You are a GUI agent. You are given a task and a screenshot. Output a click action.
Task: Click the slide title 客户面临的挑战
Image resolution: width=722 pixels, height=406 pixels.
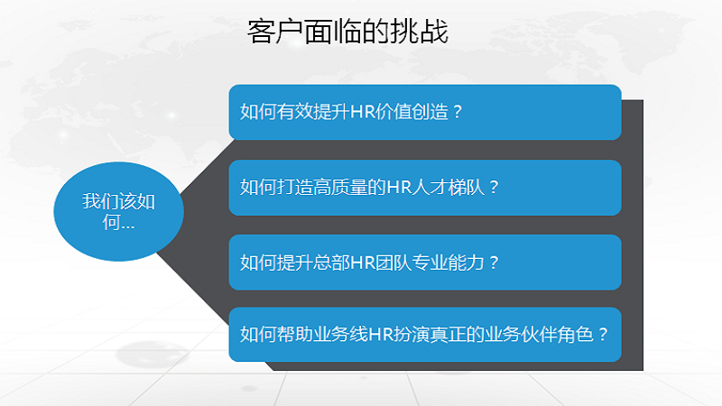tap(347, 32)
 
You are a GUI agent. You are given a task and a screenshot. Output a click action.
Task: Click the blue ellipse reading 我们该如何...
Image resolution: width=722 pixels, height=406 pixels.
tap(119, 212)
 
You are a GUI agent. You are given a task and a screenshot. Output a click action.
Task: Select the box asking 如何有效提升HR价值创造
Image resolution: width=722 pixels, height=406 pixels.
tap(425, 112)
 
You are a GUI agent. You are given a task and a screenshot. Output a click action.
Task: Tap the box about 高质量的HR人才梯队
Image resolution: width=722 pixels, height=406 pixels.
tap(425, 188)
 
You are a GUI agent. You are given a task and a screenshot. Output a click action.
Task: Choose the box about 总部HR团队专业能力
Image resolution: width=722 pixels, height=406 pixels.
tap(425, 263)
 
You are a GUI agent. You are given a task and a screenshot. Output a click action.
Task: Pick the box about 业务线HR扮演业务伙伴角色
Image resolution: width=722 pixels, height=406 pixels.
tap(425, 334)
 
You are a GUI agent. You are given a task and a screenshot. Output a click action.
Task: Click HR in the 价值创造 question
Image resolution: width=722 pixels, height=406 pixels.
tap(362, 112)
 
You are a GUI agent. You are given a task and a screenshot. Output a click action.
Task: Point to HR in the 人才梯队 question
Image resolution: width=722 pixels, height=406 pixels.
tap(399, 188)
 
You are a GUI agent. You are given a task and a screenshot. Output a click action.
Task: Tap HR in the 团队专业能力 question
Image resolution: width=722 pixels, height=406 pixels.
tap(362, 263)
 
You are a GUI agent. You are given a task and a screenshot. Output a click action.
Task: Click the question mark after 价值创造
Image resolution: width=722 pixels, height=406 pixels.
tap(458, 112)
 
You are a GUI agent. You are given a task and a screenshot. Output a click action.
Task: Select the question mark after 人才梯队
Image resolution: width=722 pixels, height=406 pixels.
tap(494, 188)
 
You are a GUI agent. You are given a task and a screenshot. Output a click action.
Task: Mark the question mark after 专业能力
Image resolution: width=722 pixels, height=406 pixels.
tap(494, 263)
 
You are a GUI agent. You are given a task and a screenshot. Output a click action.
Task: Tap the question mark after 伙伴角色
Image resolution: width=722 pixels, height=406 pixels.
tap(603, 334)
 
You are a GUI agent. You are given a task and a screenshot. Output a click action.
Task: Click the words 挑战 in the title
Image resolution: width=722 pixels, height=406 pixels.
tap(420, 32)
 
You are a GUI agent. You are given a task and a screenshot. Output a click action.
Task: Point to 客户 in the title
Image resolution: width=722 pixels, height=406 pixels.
tap(275, 32)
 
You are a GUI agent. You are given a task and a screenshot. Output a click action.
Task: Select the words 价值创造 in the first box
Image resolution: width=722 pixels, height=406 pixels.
tap(412, 112)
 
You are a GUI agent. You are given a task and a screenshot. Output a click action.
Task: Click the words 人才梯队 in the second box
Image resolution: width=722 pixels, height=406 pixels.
tap(448, 188)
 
